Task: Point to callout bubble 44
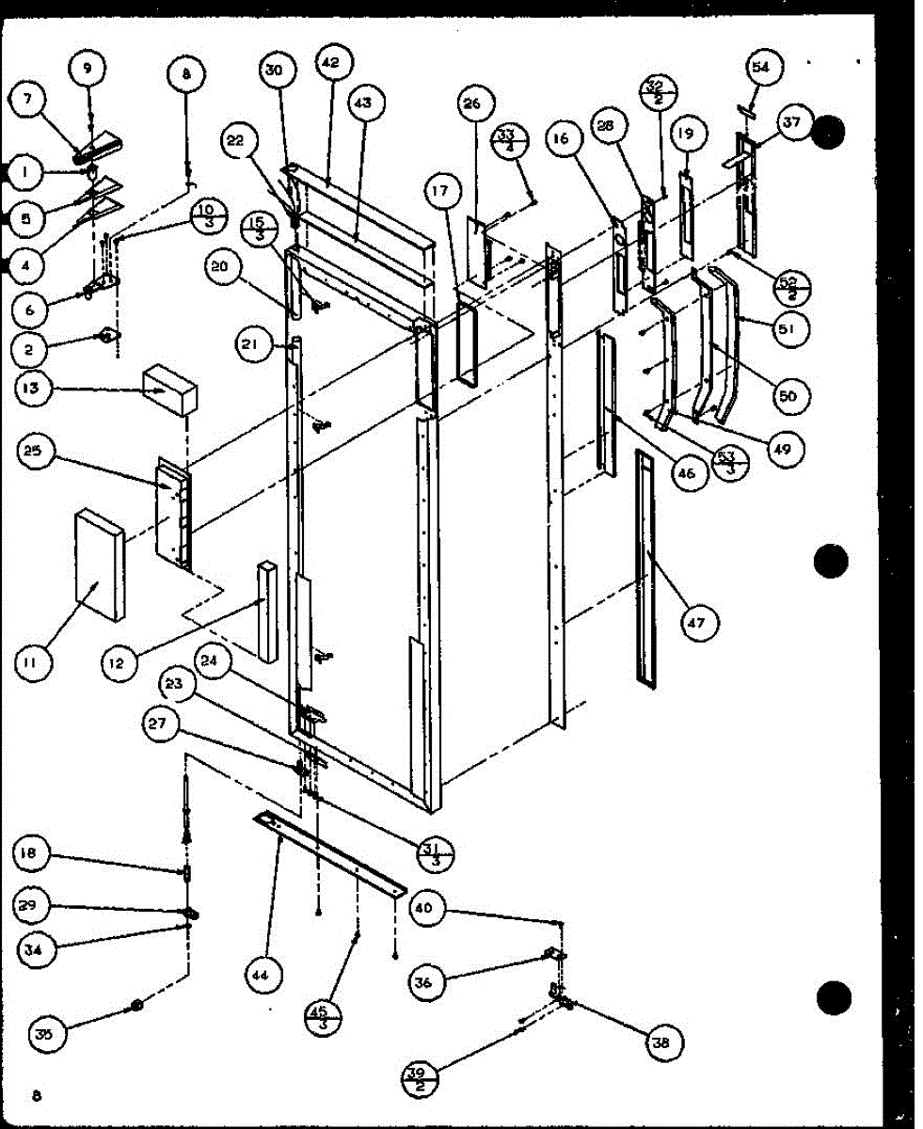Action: pos(261,975)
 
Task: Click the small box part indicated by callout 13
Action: pos(169,390)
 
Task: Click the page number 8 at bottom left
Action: pos(36,1094)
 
